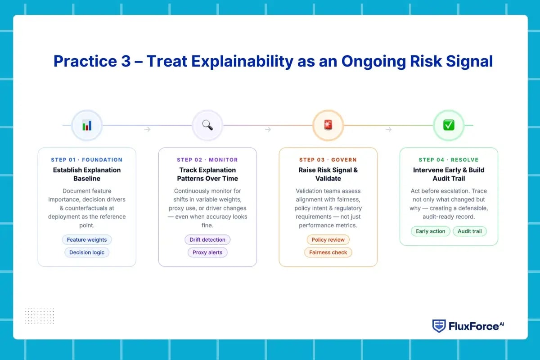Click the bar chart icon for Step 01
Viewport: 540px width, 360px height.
coord(87,125)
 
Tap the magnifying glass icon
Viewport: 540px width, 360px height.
coord(207,125)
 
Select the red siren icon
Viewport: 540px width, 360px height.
coord(328,125)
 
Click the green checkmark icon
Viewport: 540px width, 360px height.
coord(449,125)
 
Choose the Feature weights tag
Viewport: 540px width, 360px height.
coord(87,239)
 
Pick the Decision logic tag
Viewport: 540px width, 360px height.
coord(87,252)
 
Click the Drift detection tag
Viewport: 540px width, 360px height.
coord(207,239)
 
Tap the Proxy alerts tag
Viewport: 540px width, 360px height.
coord(207,252)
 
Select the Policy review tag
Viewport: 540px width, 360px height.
coord(328,239)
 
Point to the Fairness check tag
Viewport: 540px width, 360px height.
coord(328,252)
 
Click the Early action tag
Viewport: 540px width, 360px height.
coord(430,231)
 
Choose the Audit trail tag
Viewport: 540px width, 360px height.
coord(470,231)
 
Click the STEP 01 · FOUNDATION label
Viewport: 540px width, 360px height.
coord(87,160)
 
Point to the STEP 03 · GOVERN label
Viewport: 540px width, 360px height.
coord(328,160)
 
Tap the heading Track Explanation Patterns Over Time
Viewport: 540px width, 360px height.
coord(207,174)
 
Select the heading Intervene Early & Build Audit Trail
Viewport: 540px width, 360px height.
coord(449,174)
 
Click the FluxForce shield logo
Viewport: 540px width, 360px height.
coord(439,326)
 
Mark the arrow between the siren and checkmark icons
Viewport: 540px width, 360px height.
coord(388,130)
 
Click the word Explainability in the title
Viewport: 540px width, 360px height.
coord(242,62)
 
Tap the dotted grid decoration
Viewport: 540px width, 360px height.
coord(39,316)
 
